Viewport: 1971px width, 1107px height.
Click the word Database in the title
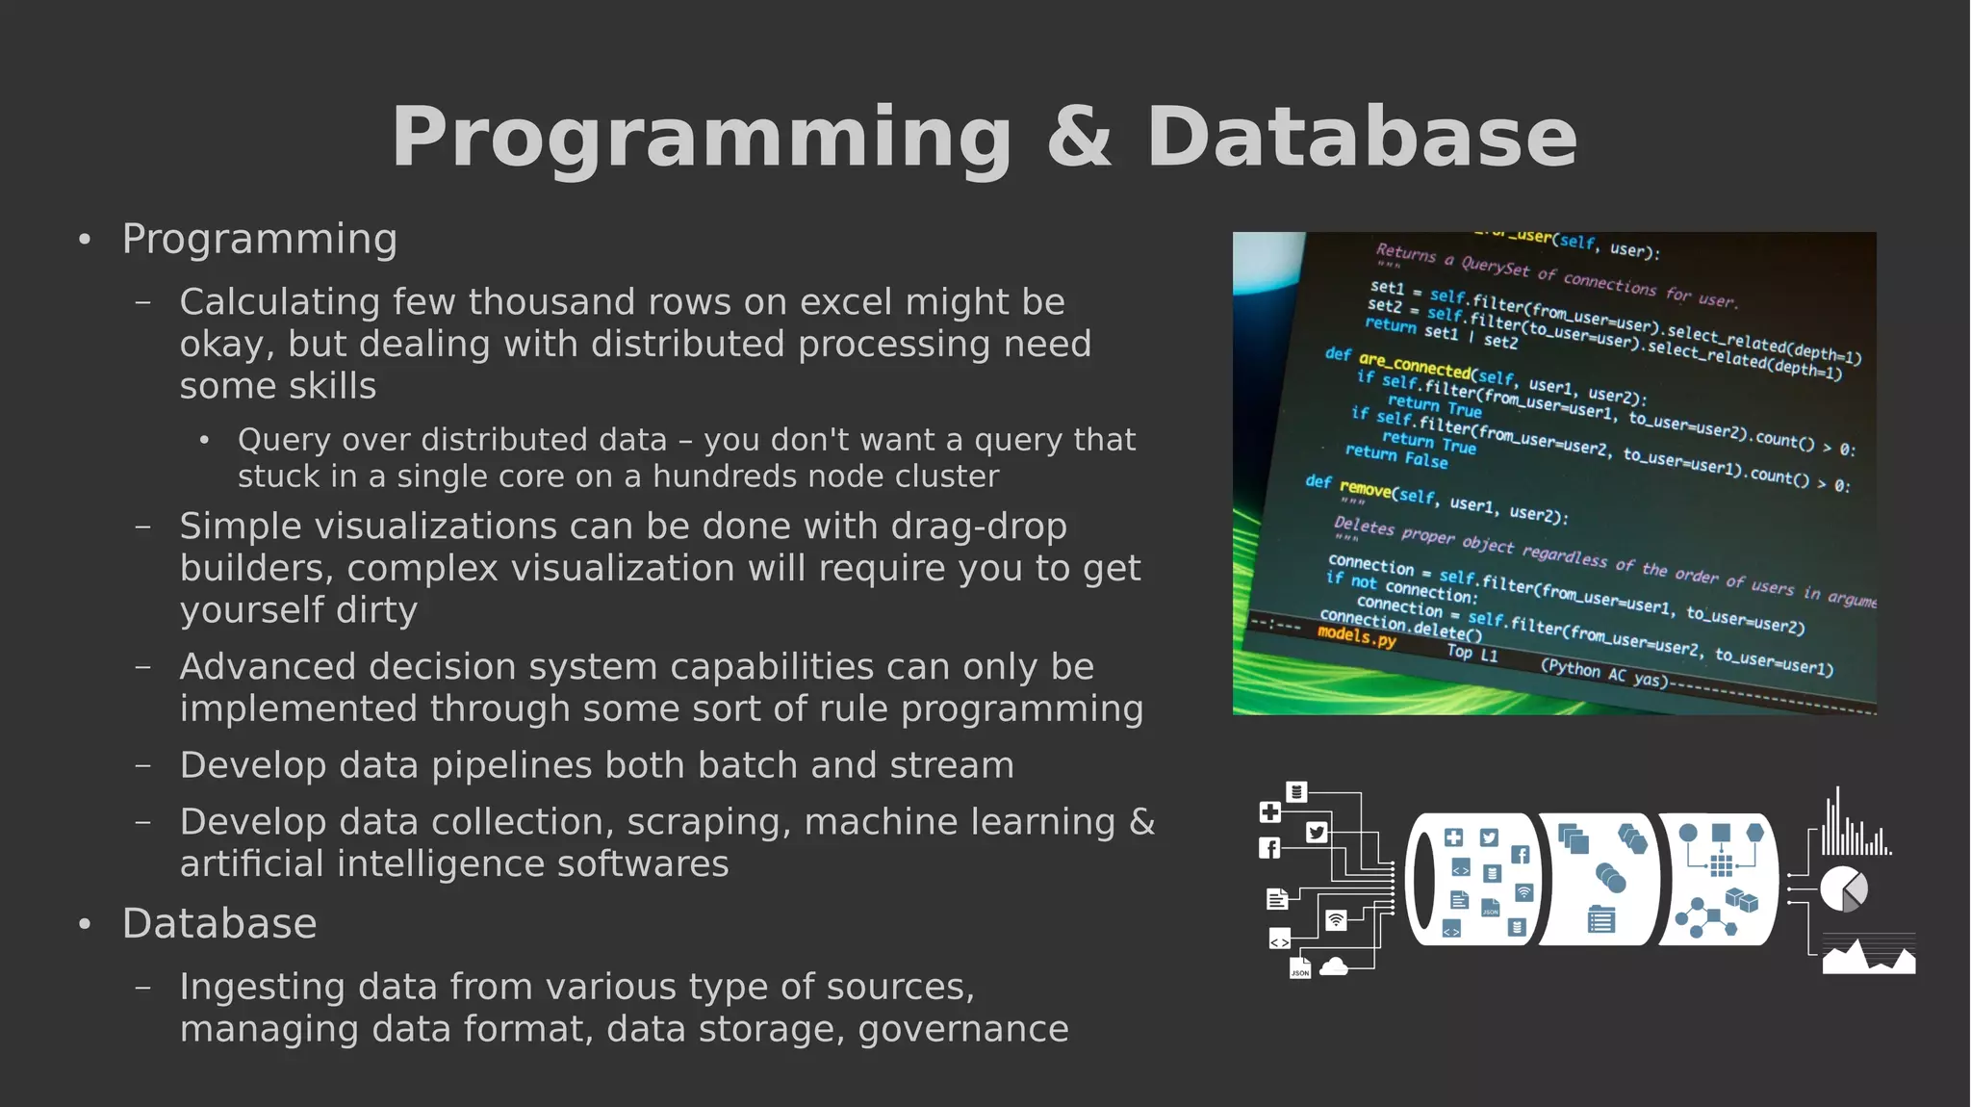pyautogui.click(x=1361, y=137)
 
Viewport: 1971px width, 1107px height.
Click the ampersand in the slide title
pyautogui.click(x=1079, y=137)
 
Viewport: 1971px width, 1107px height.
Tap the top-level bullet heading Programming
pyautogui.click(x=260, y=239)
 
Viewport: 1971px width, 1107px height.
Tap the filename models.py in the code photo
pyautogui.click(x=1356, y=636)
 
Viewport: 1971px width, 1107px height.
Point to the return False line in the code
pyautogui.click(x=1395, y=454)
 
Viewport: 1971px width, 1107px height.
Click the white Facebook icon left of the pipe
pyautogui.click(x=1270, y=848)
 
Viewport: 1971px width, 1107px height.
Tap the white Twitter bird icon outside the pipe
pyautogui.click(x=1317, y=833)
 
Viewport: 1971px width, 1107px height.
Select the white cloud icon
pyautogui.click(x=1333, y=966)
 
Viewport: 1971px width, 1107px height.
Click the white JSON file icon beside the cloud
pyautogui.click(x=1300, y=967)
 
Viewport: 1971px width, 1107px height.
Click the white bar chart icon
pyautogui.click(x=1855, y=827)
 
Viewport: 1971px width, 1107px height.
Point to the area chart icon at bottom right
pyautogui.click(x=1868, y=957)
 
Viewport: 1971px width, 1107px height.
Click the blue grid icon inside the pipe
pyautogui.click(x=1721, y=866)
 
